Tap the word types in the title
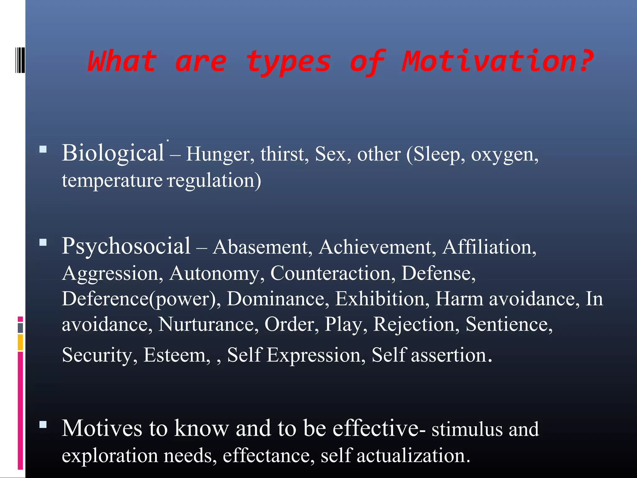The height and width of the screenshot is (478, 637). [x=288, y=62]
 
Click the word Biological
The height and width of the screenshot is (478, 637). [x=113, y=153]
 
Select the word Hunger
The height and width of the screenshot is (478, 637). [x=220, y=154]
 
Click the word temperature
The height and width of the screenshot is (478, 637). [x=112, y=180]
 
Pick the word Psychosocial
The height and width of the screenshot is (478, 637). [x=126, y=246]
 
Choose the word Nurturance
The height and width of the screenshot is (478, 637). [x=208, y=324]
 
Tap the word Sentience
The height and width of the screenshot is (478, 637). [x=509, y=324]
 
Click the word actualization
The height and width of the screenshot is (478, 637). [x=413, y=455]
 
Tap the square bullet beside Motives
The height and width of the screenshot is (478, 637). [x=43, y=425]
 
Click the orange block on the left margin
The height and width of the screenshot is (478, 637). [x=20, y=342]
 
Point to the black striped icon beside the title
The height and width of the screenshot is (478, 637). [x=20, y=60]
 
